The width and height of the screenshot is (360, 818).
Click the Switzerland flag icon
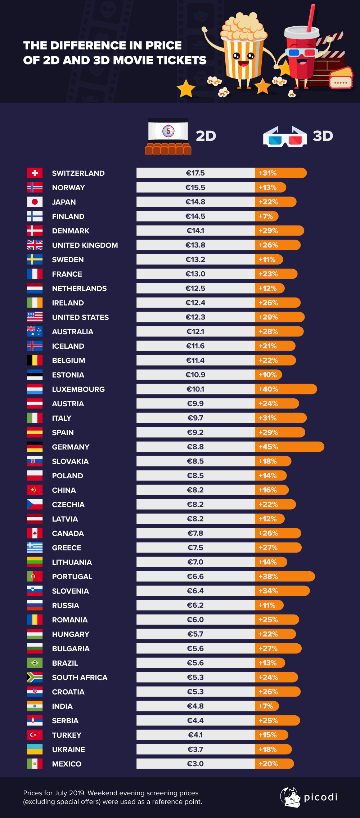pos(35,173)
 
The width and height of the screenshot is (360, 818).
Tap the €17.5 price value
pos(195,173)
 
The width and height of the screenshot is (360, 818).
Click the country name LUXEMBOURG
pos(78,389)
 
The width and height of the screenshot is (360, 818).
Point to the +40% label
pos(268,389)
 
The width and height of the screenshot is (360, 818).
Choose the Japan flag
pos(35,202)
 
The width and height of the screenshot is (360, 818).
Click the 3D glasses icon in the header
pos(285,137)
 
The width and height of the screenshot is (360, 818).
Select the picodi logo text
pos(320,797)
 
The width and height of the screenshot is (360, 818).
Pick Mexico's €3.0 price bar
pos(195,764)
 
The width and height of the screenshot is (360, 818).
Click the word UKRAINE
pos(68,750)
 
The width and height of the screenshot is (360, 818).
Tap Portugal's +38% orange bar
pos(284,576)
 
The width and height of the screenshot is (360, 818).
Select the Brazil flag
pos(35,663)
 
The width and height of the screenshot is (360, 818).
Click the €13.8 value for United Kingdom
pos(195,245)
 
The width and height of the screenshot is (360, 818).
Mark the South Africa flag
pos(35,677)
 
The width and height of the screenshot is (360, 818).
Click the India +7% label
pos(266,706)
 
